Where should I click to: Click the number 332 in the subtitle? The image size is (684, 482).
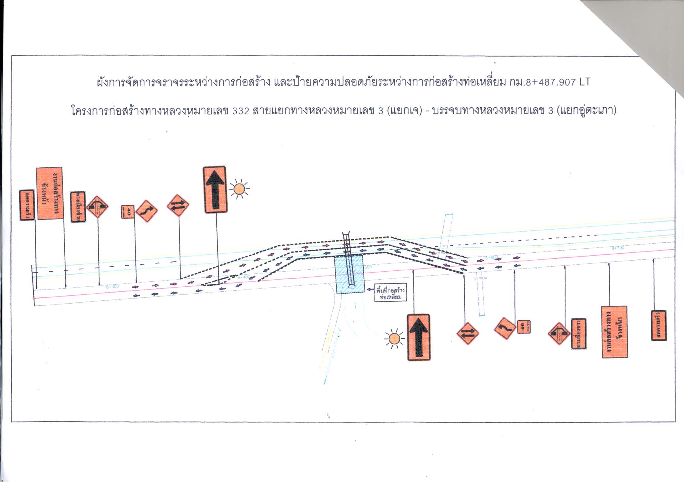(240, 111)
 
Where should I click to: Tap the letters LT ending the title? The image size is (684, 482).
(584, 82)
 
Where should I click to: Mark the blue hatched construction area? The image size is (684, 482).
(350, 274)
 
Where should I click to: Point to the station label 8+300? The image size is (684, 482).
(112, 287)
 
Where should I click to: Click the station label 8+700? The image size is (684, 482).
(618, 247)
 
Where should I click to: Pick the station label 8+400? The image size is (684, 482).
(244, 277)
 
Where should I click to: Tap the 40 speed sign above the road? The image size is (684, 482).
(128, 212)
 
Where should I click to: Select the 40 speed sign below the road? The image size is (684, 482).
(523, 327)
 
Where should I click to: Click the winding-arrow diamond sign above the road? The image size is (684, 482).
(146, 211)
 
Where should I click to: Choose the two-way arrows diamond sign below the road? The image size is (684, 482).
(468, 333)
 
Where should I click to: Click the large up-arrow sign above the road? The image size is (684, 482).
(215, 190)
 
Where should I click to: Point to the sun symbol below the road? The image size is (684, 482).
(394, 339)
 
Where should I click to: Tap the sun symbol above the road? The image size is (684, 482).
(239, 189)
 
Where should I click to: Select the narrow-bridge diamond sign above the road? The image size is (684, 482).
(97, 207)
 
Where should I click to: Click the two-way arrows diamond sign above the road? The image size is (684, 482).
(178, 206)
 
